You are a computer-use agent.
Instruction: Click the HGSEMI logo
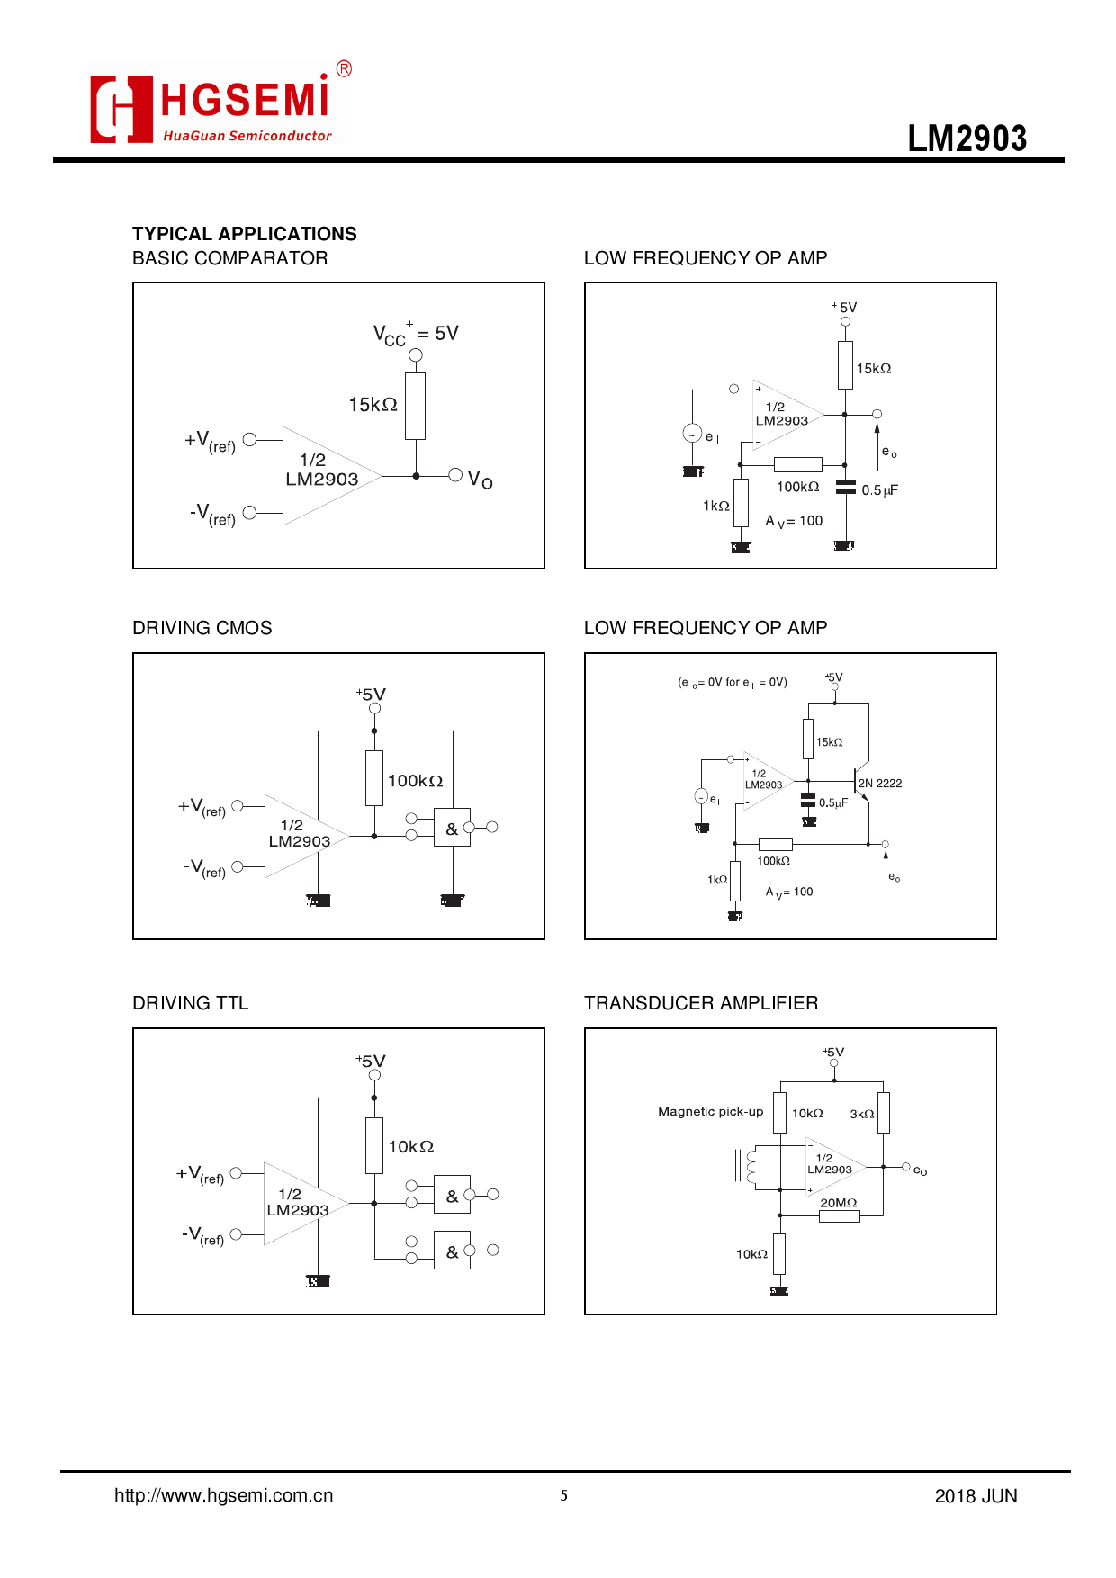click(x=219, y=103)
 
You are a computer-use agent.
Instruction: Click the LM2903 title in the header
click(x=967, y=139)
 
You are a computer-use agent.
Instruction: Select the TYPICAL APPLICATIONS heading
click(x=244, y=234)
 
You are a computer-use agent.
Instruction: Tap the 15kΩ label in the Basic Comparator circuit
click(x=373, y=405)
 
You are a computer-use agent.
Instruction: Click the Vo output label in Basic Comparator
click(x=480, y=479)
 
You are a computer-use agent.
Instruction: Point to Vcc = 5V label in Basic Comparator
click(x=416, y=334)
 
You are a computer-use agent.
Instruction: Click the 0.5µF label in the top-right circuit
click(x=879, y=490)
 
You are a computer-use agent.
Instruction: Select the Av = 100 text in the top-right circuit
click(x=794, y=521)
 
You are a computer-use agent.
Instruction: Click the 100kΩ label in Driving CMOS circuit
click(x=415, y=781)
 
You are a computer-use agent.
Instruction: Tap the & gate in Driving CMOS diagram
click(x=452, y=829)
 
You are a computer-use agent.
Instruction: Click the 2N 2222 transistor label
click(x=879, y=784)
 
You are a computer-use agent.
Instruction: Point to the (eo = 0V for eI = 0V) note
click(x=732, y=683)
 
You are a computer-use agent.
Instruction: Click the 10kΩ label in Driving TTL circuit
click(x=410, y=1147)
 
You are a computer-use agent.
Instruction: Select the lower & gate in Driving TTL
click(x=452, y=1251)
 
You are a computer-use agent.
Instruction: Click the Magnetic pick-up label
click(x=710, y=1112)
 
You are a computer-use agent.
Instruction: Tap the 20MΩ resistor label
click(x=838, y=1203)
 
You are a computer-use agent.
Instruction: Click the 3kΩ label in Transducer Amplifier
click(x=861, y=1114)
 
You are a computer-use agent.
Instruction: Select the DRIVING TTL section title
click(x=190, y=1003)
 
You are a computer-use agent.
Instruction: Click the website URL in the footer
click(x=223, y=1495)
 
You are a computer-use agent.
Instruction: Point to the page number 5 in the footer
click(x=563, y=1495)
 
